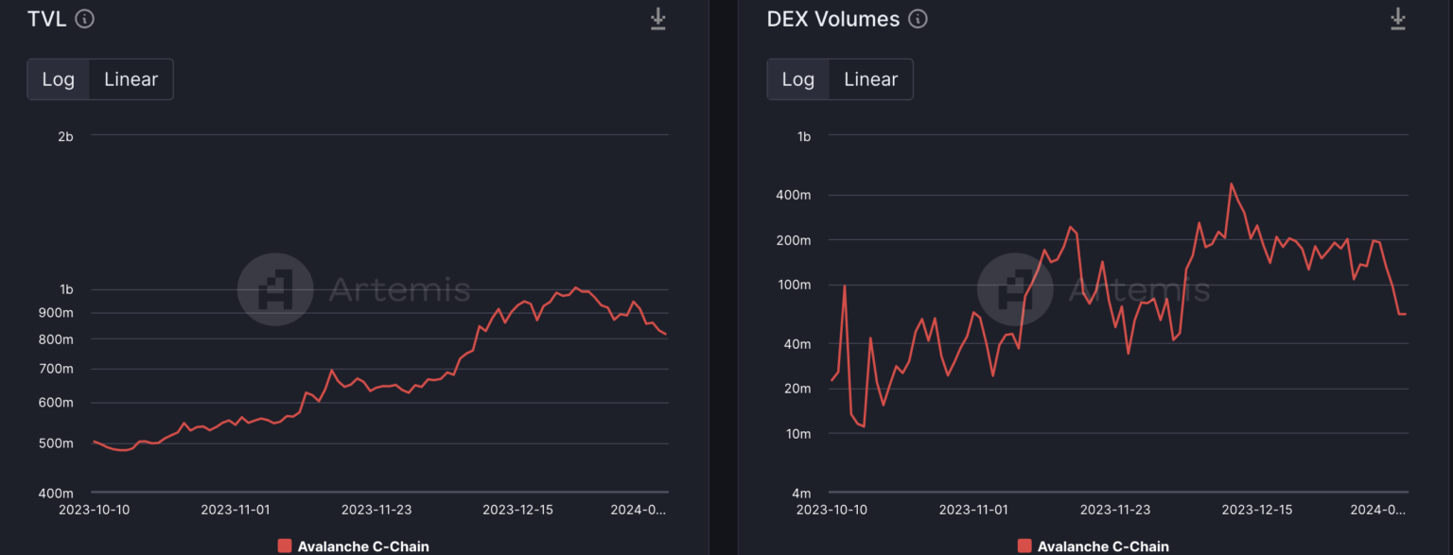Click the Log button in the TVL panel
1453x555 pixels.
[59, 79]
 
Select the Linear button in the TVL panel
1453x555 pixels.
[131, 79]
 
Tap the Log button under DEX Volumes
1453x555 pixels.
[797, 79]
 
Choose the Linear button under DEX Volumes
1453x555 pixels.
[870, 79]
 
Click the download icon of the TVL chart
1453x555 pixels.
[657, 19]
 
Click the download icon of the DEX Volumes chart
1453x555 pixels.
[1398, 19]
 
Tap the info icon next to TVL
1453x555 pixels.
[84, 19]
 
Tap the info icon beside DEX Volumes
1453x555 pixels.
[918, 19]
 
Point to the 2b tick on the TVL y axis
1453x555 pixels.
[65, 136]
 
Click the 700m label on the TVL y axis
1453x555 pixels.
[56, 369]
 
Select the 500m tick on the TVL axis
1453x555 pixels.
[56, 443]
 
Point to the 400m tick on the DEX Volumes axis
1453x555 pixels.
[794, 195]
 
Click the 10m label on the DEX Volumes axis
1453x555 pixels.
[798, 434]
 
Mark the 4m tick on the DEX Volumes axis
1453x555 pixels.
[802, 494]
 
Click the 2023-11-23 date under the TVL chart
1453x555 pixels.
[376, 510]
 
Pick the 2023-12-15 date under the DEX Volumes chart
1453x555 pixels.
[1257, 510]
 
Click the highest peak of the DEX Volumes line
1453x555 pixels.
[1231, 183]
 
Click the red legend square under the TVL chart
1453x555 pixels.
[285, 546]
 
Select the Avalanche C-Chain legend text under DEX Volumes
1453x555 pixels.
[1103, 546]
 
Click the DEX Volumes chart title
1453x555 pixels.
[832, 19]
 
